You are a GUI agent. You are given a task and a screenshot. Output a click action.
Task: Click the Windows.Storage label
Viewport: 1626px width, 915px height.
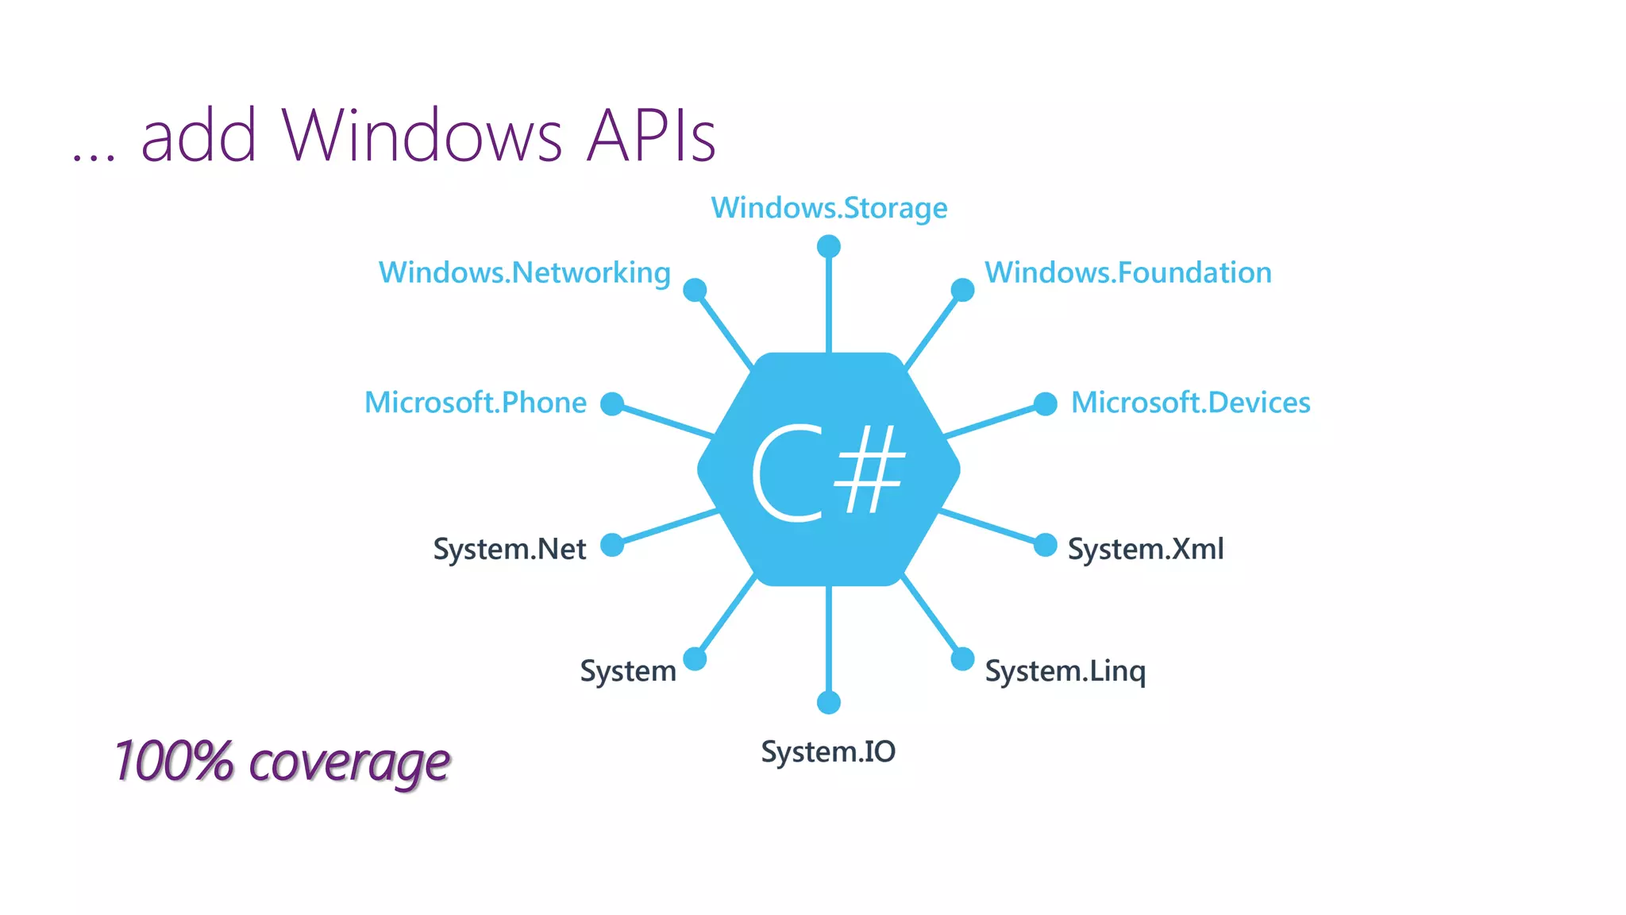(x=829, y=208)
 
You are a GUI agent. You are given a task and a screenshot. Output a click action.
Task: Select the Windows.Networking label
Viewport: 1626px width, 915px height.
(x=525, y=273)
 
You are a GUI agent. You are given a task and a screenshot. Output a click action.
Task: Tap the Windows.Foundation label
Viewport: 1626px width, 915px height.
(x=1127, y=273)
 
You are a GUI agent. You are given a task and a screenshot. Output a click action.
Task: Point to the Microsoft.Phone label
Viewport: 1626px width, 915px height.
(x=475, y=403)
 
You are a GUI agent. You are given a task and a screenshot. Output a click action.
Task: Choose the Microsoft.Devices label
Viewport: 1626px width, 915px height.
(x=1190, y=403)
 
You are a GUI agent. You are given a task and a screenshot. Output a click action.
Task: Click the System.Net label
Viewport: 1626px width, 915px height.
(x=509, y=549)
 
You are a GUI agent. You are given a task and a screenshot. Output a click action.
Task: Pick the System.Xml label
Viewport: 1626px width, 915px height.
(x=1146, y=549)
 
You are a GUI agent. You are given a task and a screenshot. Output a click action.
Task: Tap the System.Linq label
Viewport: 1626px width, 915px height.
(x=1065, y=671)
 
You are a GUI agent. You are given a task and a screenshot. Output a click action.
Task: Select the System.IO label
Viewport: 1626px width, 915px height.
(x=828, y=751)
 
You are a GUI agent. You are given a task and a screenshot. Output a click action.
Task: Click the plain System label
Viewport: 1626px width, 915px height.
(x=628, y=671)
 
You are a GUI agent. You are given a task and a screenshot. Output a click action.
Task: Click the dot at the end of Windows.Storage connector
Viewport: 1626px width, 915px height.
(x=829, y=246)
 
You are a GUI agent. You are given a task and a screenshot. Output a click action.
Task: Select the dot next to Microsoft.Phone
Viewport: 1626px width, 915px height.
(x=612, y=403)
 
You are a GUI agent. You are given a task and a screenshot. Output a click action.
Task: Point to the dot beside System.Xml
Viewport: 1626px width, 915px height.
(x=1046, y=545)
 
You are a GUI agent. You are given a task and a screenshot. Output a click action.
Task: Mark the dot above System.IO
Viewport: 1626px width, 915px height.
(x=829, y=702)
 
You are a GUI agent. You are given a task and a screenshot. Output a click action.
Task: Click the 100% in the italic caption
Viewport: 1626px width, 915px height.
(x=174, y=761)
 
